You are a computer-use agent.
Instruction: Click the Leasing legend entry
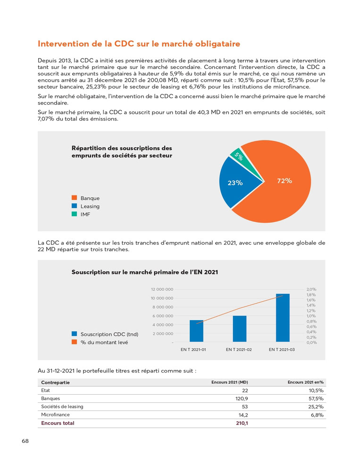[90, 206]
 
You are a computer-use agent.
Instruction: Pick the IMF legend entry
[85, 214]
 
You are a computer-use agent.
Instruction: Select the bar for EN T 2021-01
[196, 331]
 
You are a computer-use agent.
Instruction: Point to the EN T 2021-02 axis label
[239, 349]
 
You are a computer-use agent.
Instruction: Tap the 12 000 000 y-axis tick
[162, 289]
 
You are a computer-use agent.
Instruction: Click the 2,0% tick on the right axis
[311, 289]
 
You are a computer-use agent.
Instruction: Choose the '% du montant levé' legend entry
[104, 342]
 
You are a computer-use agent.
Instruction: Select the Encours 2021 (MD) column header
[229, 382]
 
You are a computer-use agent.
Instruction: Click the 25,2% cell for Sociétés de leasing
[316, 407]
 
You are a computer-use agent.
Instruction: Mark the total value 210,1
[242, 423]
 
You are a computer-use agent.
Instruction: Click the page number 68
[25, 441]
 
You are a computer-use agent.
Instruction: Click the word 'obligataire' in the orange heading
[217, 44]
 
